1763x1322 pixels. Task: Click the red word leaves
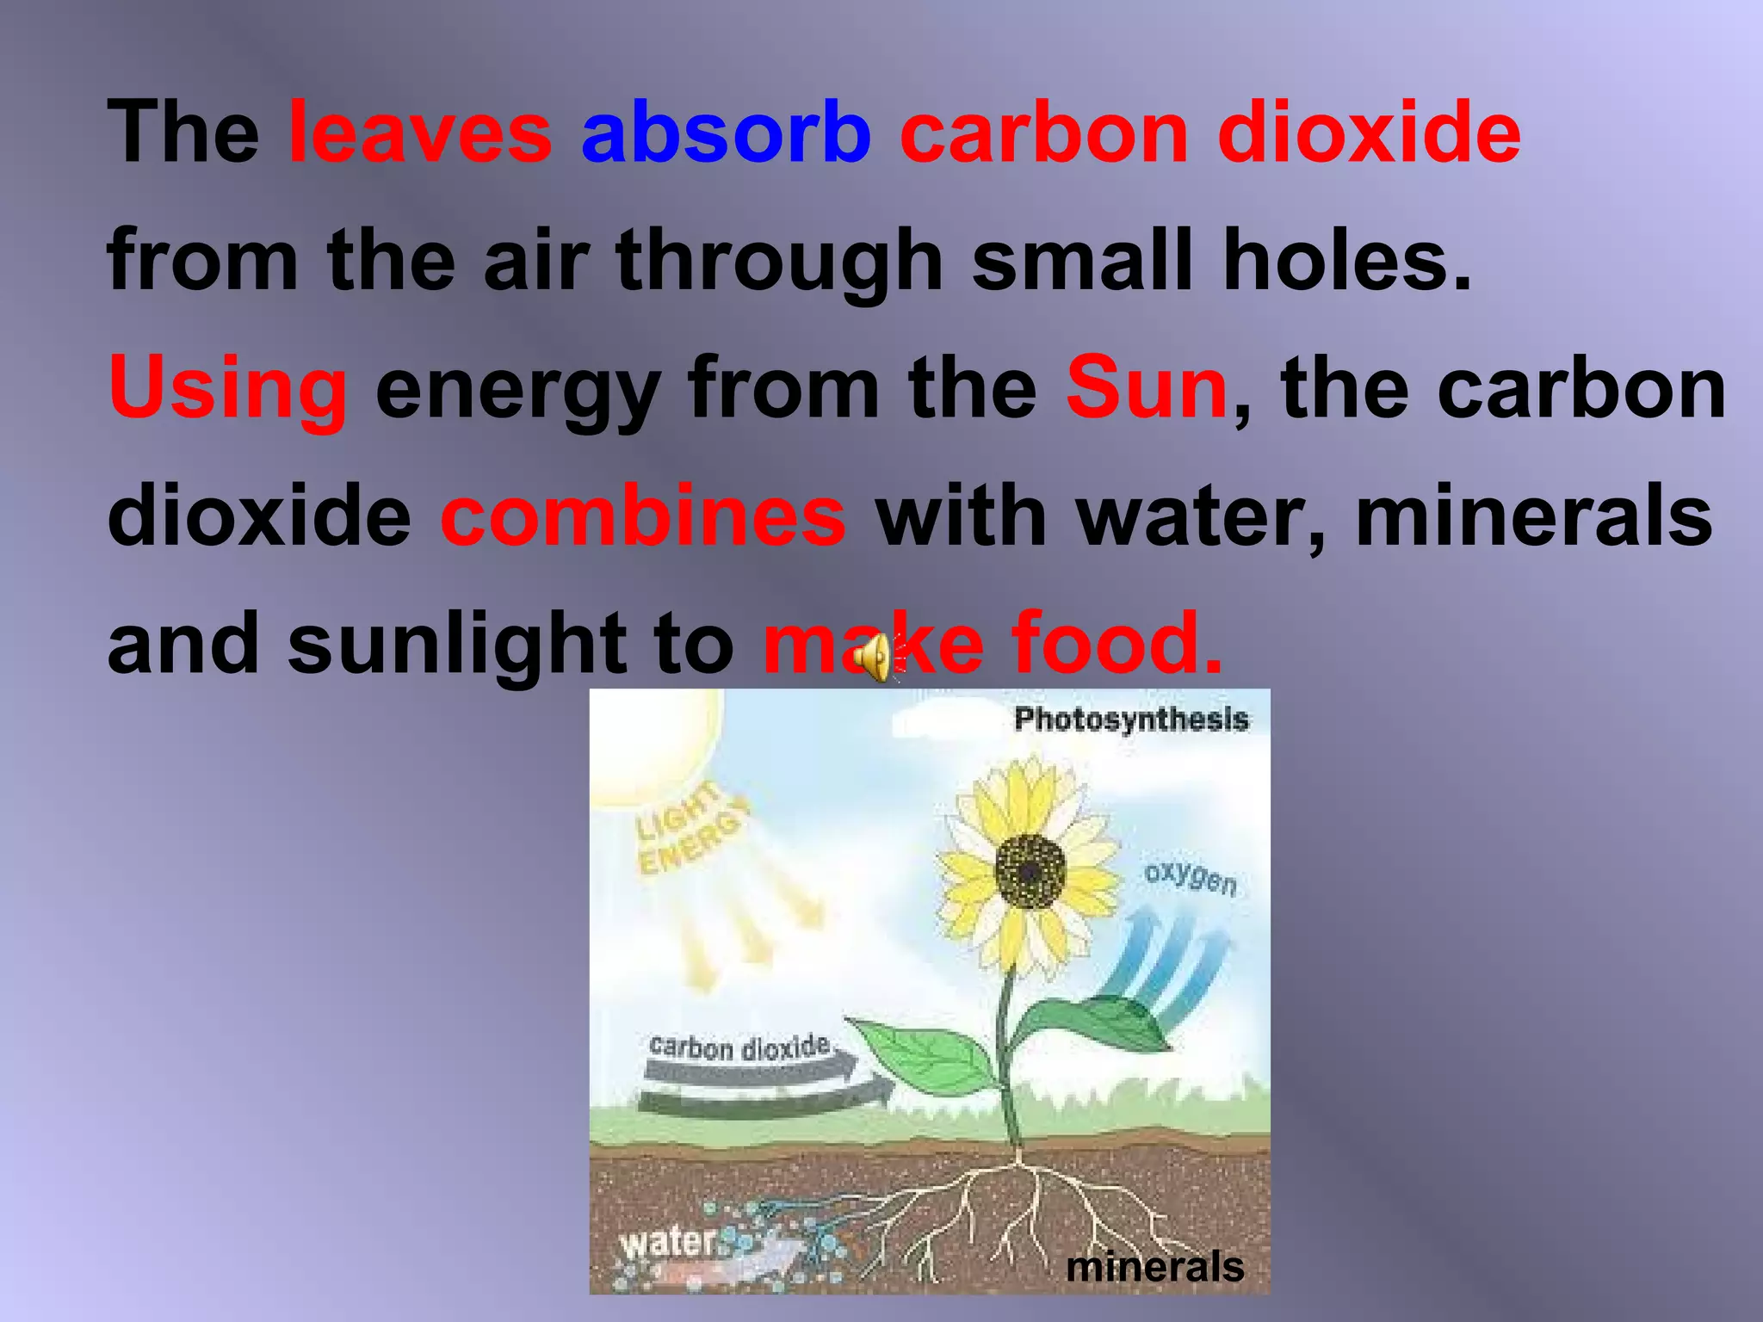coord(419,133)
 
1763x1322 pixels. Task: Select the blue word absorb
coord(726,133)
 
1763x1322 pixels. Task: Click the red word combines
coord(642,516)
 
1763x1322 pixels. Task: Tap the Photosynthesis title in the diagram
coord(1130,719)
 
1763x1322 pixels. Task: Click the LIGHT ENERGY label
coord(690,831)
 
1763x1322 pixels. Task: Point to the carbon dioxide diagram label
coord(739,1047)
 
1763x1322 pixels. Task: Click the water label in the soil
coord(667,1242)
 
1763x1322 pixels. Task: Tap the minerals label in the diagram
coord(1154,1266)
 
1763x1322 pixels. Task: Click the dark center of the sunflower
coord(1030,871)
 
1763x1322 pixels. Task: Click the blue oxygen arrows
coord(1171,964)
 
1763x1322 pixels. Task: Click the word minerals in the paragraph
coord(1533,516)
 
